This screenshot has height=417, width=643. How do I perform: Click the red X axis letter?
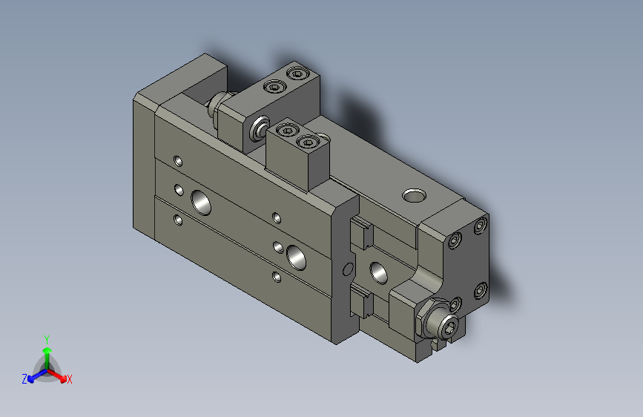pyautogui.click(x=70, y=380)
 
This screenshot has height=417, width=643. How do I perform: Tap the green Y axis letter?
pyautogui.click(x=47, y=338)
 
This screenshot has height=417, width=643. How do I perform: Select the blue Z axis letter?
pyautogui.click(x=24, y=379)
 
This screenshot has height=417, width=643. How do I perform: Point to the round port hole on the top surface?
pyautogui.click(x=413, y=196)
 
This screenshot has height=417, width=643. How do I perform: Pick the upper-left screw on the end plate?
pyautogui.click(x=456, y=238)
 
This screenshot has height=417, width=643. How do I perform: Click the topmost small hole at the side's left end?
pyautogui.click(x=177, y=160)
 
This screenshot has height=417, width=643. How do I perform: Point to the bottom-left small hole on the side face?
pyautogui.click(x=177, y=220)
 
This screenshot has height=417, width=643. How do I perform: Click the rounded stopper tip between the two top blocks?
pyautogui.click(x=259, y=128)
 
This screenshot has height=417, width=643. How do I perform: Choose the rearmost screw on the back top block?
pyautogui.click(x=298, y=73)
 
